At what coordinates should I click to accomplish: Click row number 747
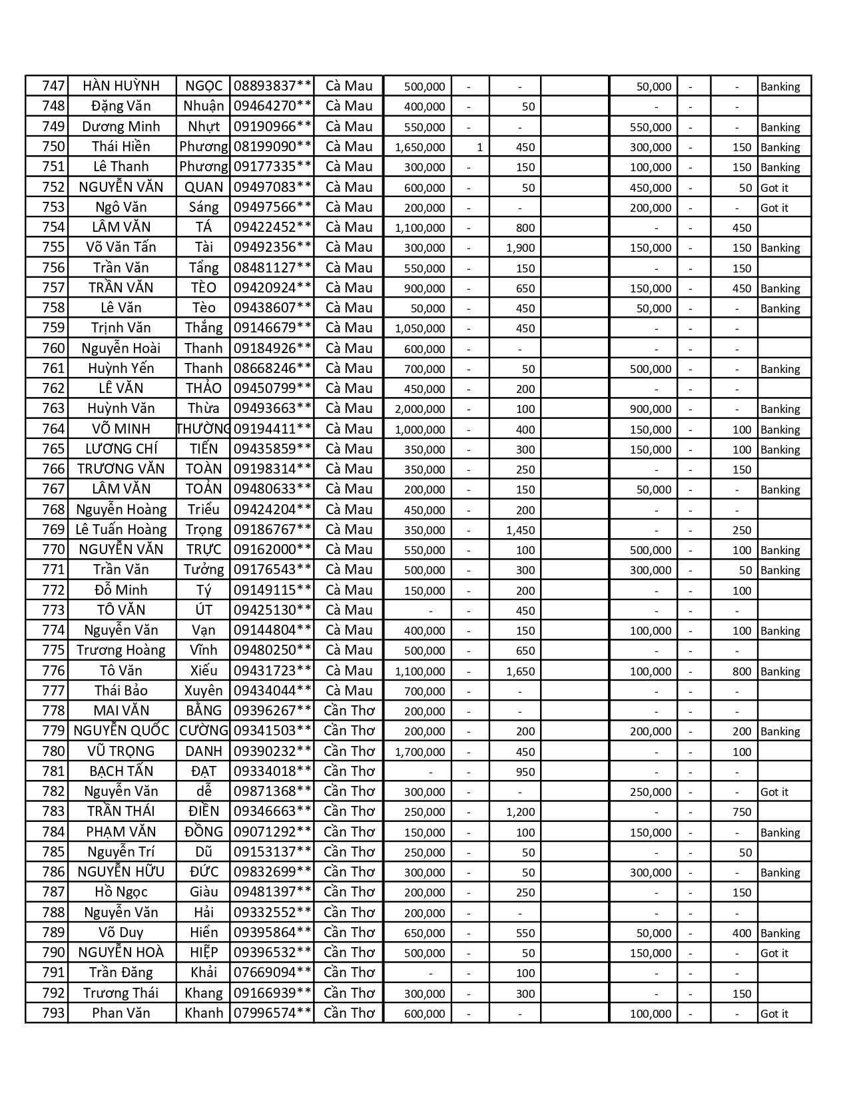[53, 86]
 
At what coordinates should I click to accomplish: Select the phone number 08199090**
[272, 147]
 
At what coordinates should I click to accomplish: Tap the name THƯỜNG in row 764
[204, 429]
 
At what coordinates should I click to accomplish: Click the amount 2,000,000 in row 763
[420, 409]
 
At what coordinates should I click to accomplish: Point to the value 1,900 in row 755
[521, 248]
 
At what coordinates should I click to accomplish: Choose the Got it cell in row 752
[774, 188]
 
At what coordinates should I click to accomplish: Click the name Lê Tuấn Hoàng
[121, 530]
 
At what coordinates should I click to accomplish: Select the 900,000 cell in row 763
[651, 409]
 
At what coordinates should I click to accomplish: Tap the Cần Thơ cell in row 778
[350, 711]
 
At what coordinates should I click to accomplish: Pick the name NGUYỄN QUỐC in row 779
[121, 731]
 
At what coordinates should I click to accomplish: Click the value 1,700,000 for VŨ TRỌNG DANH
[420, 752]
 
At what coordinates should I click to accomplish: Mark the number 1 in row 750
[479, 147]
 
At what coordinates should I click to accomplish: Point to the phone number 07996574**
[272, 1013]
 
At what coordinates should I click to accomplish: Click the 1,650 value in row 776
[521, 671]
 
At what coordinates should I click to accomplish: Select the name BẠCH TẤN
[121, 771]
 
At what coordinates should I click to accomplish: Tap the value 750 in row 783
[742, 812]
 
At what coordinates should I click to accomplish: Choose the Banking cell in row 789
[780, 933]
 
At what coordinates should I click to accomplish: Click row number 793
[53, 1013]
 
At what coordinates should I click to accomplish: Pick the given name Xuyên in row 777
[204, 691]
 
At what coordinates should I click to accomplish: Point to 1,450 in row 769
[521, 530]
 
